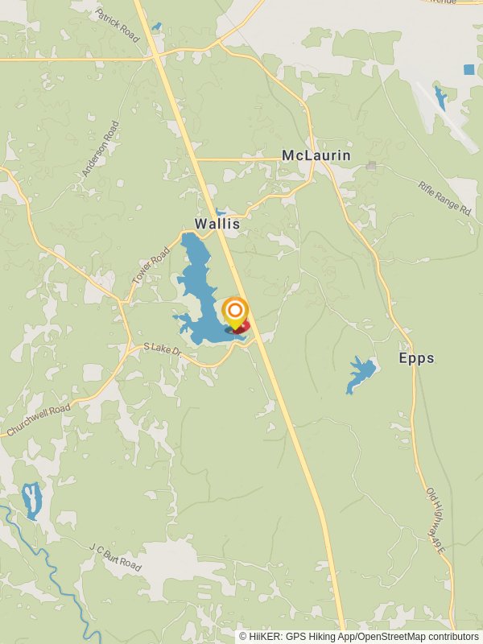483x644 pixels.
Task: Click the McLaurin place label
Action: pos(316,155)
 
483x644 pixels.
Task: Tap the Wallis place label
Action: pos(217,224)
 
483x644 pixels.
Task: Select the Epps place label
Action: pos(416,358)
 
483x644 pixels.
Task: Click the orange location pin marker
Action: pos(234,313)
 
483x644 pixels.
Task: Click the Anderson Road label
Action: pos(101,149)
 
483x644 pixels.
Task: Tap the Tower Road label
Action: pos(151,264)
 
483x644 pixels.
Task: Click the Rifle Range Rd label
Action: pos(444,197)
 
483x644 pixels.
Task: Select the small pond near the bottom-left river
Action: pos(31,500)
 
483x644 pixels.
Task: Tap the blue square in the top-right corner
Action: pos(469,70)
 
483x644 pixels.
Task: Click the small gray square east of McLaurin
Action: pos(371,166)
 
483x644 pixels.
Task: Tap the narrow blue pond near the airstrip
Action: pos(440,98)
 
